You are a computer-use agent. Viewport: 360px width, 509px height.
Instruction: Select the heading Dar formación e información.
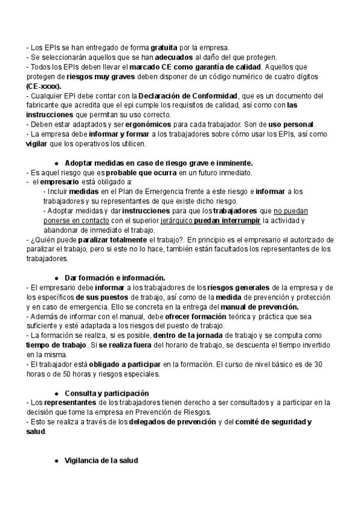(115, 278)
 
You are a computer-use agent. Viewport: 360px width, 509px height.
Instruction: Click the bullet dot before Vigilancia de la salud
(56, 461)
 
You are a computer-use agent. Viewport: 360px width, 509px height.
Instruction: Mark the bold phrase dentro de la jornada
(192, 336)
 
